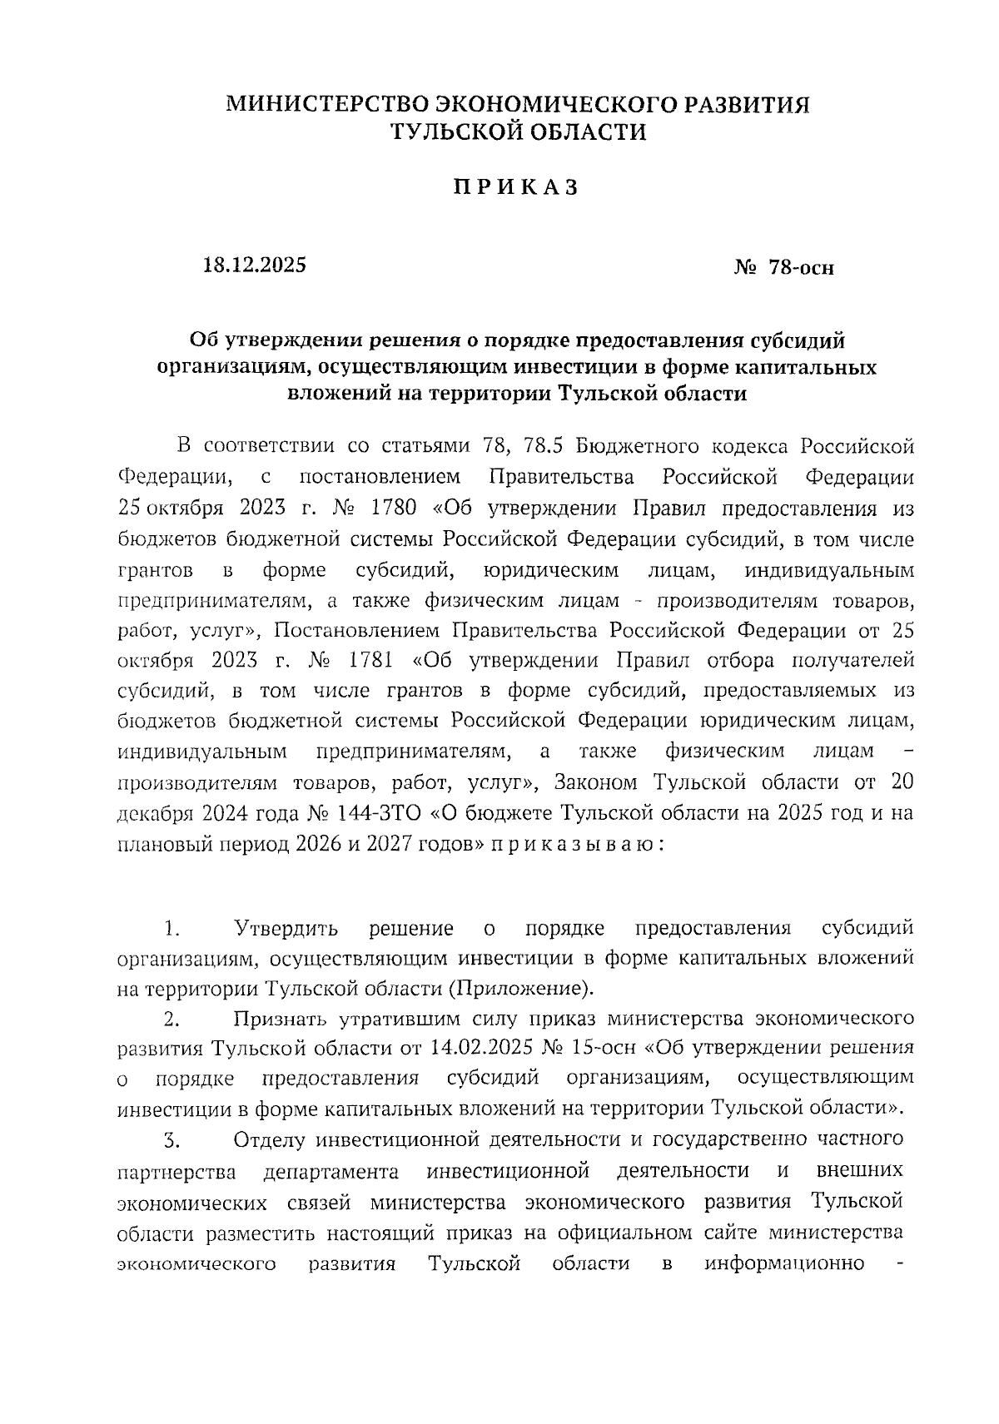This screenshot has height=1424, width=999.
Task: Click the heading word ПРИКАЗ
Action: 515,188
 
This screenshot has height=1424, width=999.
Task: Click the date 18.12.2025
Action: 255,265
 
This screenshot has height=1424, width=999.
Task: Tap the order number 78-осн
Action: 800,268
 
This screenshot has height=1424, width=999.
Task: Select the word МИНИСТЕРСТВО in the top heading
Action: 326,104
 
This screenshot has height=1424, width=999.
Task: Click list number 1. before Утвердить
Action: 172,928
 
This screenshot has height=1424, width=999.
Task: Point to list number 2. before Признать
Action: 171,1019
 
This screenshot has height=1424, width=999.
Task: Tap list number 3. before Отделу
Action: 171,1140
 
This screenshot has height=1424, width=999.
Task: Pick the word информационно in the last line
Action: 784,1263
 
